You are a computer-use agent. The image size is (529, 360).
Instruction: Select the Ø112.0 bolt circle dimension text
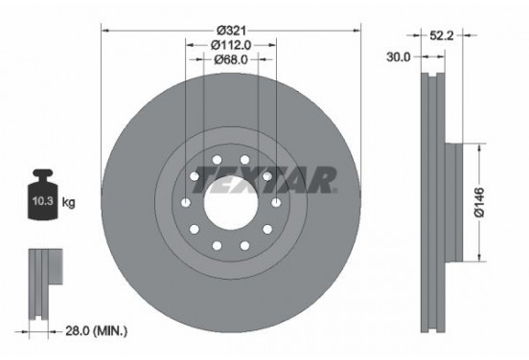pyautogui.click(x=230, y=44)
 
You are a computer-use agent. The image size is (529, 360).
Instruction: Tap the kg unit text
pyautogui.click(x=68, y=201)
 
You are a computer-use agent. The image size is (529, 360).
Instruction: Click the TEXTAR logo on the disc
pyautogui.click(x=264, y=178)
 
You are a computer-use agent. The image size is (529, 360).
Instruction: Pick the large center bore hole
pyautogui.click(x=230, y=203)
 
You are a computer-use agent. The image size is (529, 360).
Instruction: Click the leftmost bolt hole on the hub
pyautogui.click(x=184, y=203)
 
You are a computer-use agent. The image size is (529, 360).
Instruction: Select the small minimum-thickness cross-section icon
pyautogui.click(x=42, y=278)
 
